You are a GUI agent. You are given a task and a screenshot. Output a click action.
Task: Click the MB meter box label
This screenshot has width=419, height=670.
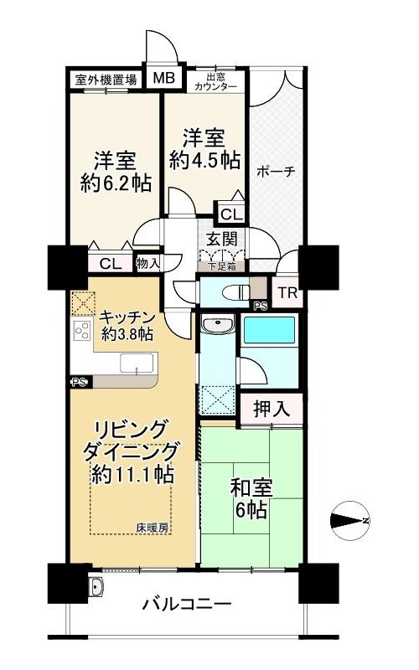(x=164, y=78)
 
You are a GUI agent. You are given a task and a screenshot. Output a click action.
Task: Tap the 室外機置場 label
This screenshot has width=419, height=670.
(x=106, y=80)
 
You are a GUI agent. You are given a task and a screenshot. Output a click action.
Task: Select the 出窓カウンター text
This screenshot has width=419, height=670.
(x=215, y=81)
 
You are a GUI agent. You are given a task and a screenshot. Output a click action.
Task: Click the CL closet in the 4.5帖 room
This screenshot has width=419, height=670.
(x=232, y=214)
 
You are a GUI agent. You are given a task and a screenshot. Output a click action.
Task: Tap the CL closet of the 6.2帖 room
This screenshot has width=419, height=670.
(x=111, y=264)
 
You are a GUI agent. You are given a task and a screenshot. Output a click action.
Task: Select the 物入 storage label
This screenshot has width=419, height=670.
(x=148, y=263)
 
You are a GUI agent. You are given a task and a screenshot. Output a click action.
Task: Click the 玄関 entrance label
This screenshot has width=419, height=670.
(x=221, y=239)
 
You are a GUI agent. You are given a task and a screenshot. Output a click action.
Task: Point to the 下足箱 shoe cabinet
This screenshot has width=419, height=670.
(x=221, y=266)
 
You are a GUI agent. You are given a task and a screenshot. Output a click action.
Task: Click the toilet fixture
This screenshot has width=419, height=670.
(x=236, y=292)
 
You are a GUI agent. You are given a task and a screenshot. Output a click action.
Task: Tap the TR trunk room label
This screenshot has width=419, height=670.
(x=287, y=293)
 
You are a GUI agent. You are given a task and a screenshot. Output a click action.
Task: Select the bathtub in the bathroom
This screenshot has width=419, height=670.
(x=269, y=330)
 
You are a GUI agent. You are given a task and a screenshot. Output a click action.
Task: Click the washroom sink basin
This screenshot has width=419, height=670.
(x=218, y=325)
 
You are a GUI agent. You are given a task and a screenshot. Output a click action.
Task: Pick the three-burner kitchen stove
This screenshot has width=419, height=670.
(x=82, y=330)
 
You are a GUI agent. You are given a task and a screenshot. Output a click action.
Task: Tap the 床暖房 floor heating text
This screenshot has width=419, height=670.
(x=153, y=528)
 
